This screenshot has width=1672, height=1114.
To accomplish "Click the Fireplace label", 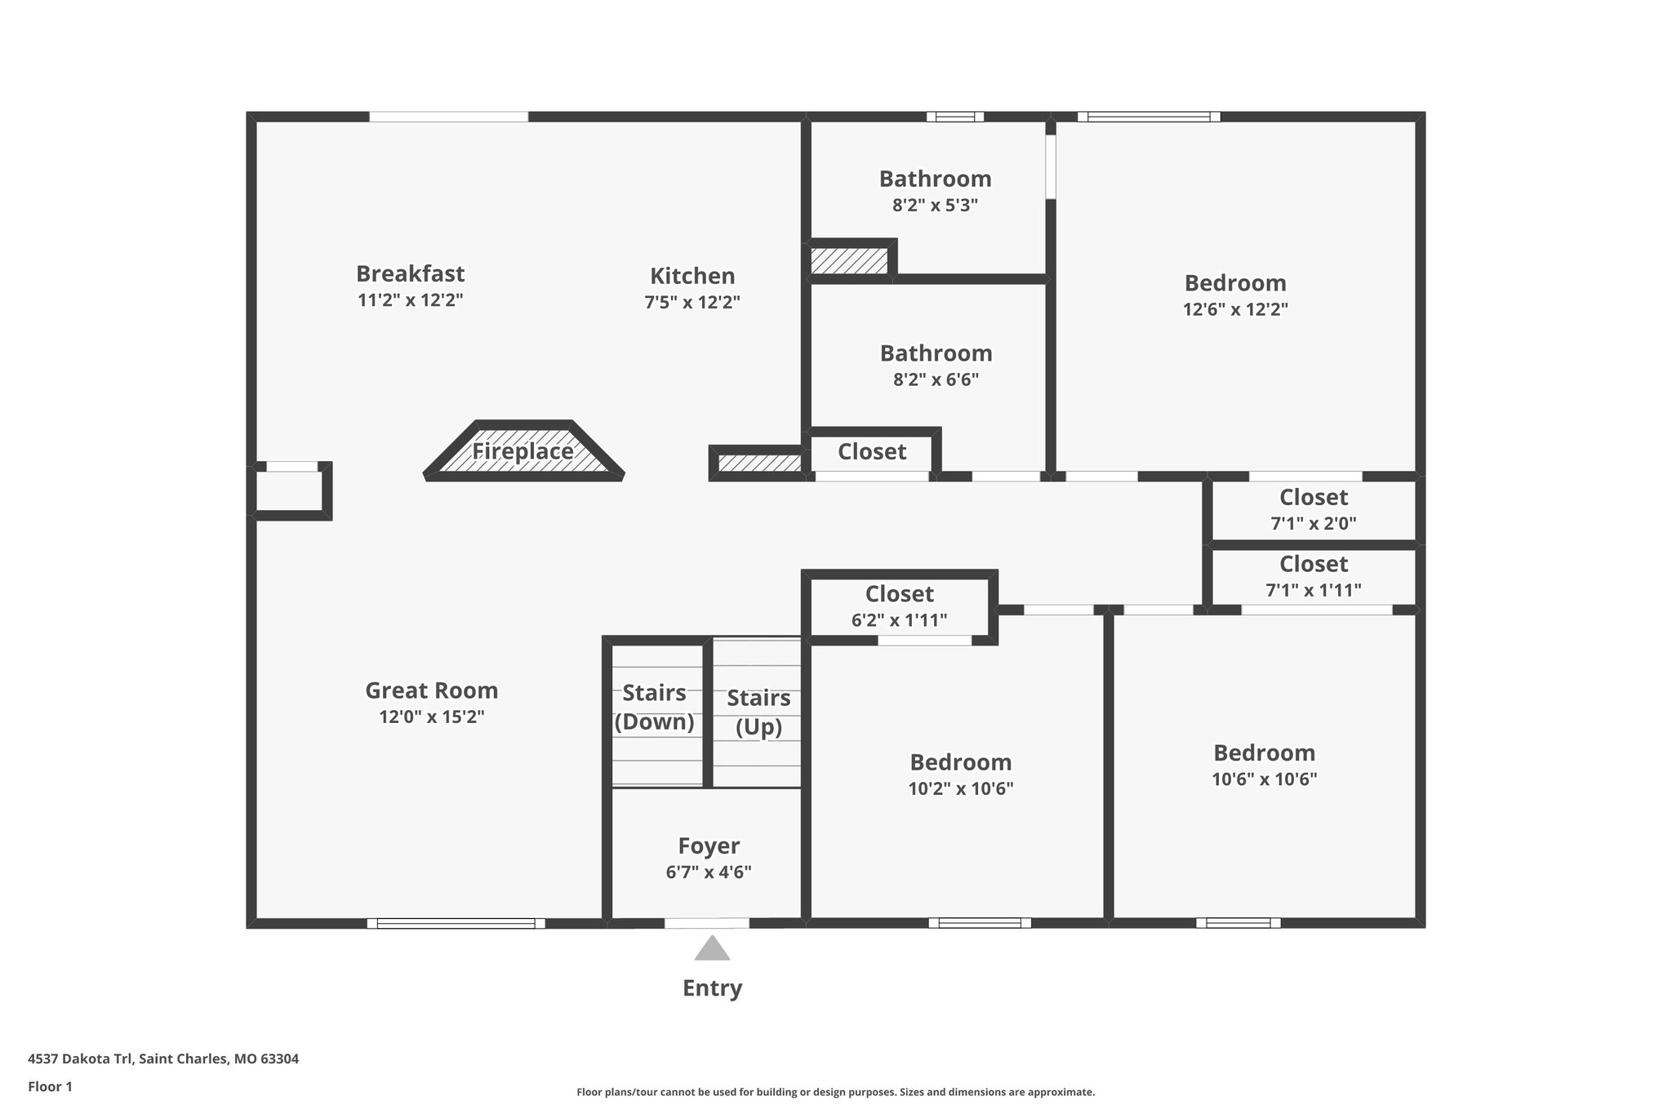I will (522, 451).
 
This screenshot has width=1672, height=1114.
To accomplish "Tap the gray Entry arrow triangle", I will (712, 948).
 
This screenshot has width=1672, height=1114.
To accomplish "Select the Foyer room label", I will (709, 845).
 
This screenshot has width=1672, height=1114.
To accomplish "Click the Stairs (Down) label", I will (654, 708).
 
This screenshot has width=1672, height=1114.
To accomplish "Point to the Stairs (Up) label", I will (758, 712).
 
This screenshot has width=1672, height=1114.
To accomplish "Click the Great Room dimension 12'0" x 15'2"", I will (431, 717).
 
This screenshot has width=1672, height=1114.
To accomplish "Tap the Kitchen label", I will (692, 276).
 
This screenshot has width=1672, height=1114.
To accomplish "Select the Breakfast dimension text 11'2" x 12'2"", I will (410, 300).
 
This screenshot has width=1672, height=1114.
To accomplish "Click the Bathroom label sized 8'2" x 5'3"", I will (935, 179).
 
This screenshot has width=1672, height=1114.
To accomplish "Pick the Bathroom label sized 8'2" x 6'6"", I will (936, 353).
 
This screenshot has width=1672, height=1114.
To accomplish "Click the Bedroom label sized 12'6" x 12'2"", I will (1234, 283).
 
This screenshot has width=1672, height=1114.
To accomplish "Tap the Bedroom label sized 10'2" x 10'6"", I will (960, 762).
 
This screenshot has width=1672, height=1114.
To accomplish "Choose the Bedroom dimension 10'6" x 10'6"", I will (1264, 779).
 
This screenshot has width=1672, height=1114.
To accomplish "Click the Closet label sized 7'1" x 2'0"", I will (1313, 497).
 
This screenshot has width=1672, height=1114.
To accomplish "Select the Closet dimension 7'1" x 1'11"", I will (1313, 590).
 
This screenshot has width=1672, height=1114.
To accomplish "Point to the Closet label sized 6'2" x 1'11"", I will (899, 594).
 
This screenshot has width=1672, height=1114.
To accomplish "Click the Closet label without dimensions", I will (871, 452).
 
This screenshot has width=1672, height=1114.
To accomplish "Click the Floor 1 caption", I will (50, 1086).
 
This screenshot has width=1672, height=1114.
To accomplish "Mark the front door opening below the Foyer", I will (706, 923).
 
